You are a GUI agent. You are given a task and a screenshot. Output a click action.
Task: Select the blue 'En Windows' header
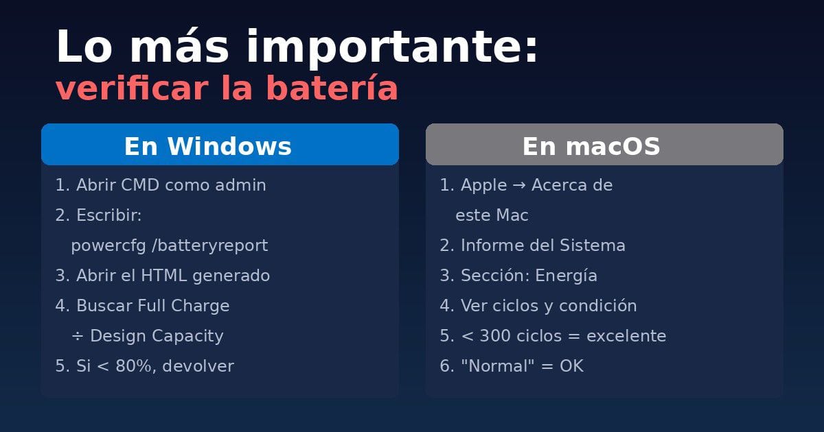coord(220,145)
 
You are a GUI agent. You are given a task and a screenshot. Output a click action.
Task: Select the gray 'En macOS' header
coord(604,145)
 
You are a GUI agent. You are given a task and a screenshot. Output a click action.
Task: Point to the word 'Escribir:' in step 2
coord(109,215)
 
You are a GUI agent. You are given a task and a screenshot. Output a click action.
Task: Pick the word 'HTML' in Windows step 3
coord(164,276)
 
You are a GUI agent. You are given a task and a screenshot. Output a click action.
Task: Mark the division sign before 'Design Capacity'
coord(77,336)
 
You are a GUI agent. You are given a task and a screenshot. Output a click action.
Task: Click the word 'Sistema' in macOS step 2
coord(593,245)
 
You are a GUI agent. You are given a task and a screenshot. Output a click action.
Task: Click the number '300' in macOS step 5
coord(494,336)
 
